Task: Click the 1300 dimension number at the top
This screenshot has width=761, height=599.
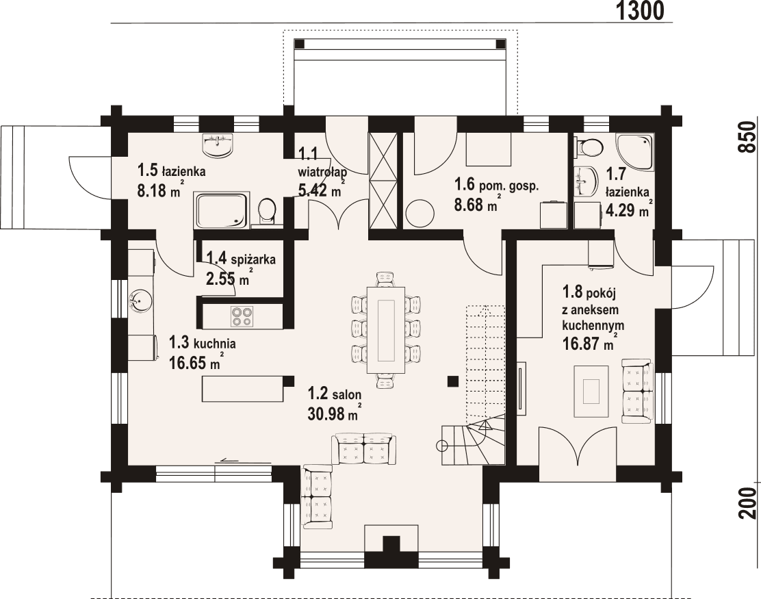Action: [x=640, y=11]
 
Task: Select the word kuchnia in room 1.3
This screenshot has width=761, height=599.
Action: [x=215, y=343]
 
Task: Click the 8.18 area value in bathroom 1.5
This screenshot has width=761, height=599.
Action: [x=153, y=191]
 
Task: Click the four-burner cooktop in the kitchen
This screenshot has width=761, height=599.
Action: [x=242, y=316]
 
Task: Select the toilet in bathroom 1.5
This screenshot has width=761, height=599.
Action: [x=267, y=209]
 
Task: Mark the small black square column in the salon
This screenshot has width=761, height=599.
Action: [x=452, y=381]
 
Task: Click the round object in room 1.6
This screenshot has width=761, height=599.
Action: [x=419, y=214]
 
